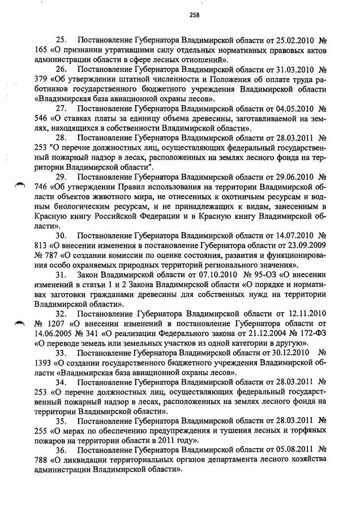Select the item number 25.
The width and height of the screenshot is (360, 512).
point(61,41)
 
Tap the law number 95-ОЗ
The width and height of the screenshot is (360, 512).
point(256,275)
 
